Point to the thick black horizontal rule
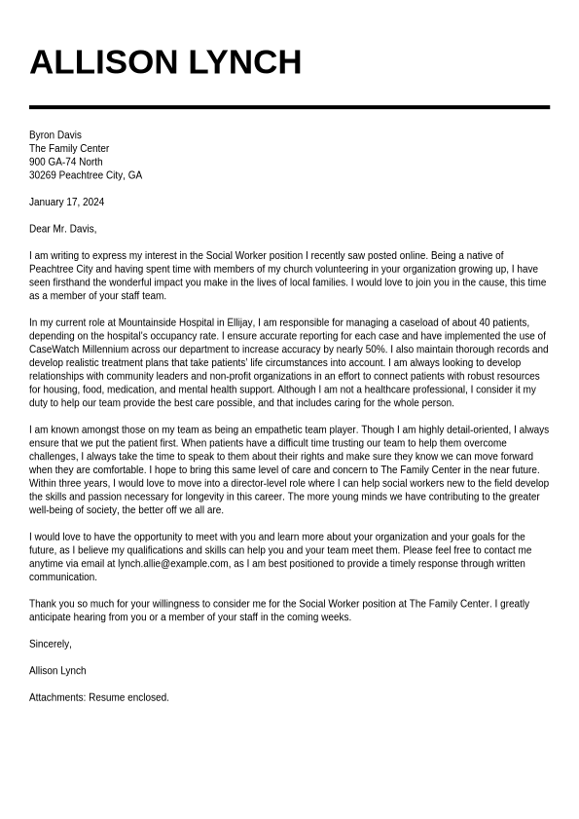coord(289,107)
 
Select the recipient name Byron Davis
coord(55,134)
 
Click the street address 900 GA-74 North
coord(65,162)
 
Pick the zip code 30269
coord(42,175)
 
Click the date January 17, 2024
coord(66,203)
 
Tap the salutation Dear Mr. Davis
coord(62,229)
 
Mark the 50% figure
coord(378,349)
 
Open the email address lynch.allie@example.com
coord(172,563)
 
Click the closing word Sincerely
coord(50,644)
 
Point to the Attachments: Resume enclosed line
coord(98,697)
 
